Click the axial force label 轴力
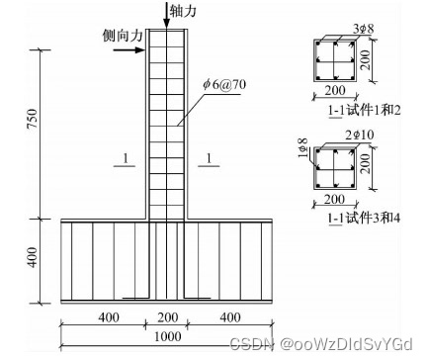(x=183, y=11)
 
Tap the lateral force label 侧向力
(x=123, y=36)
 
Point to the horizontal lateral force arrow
(x=128, y=50)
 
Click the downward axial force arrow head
(x=167, y=23)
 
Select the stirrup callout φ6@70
(x=224, y=85)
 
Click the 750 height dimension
(x=33, y=119)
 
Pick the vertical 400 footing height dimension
(x=33, y=257)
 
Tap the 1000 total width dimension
(x=168, y=336)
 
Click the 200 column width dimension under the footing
(x=168, y=317)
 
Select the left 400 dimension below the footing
(x=109, y=317)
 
